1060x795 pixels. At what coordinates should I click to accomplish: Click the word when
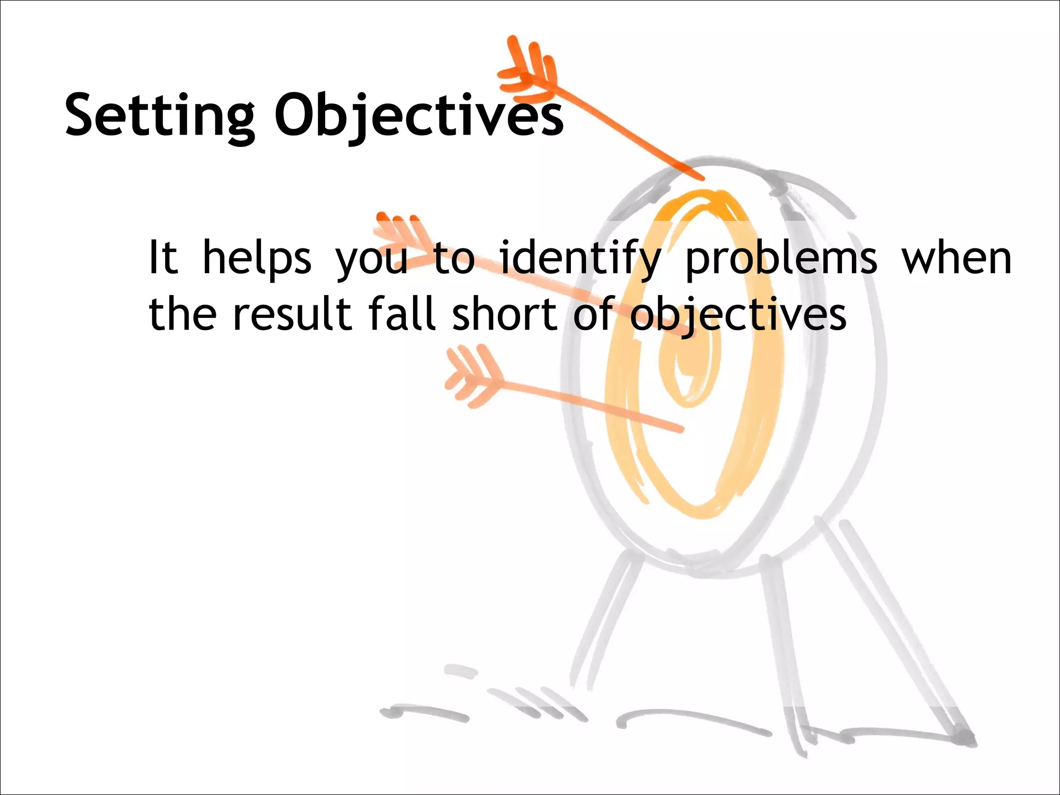coord(956,257)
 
